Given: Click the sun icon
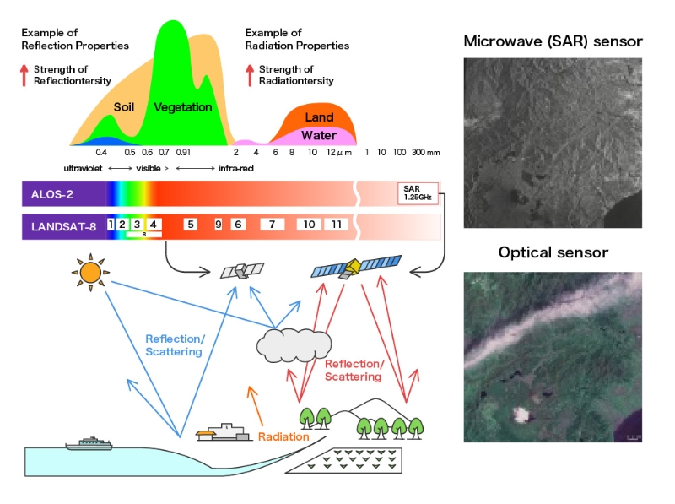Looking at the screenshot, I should pos(89,272).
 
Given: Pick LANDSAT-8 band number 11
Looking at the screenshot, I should pos(336,225).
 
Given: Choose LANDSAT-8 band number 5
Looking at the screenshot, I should pos(191,225).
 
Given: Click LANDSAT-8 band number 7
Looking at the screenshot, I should pos(272,225).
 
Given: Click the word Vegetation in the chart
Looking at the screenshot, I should pos(183,107).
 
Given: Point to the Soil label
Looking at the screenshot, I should pos(124,107).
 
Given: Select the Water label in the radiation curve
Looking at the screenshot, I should pos(319,135).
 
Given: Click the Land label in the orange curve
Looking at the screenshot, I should pos(319,117).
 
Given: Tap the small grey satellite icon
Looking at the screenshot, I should pos(239,270).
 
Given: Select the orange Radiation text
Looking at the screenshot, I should pos(283,436).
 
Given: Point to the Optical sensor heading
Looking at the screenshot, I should pos(553,252).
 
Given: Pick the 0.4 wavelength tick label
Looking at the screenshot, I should pos(101,153).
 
